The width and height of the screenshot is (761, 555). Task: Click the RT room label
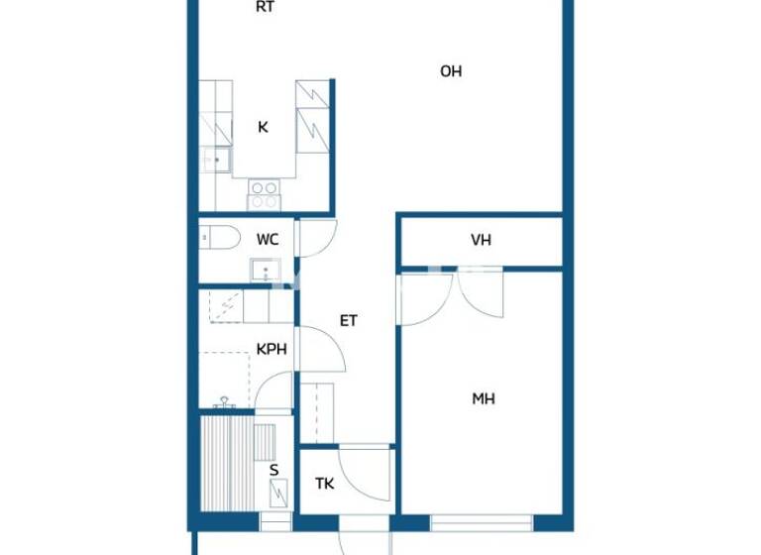pyautogui.click(x=265, y=7)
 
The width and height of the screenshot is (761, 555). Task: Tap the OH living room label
pyautogui.click(x=451, y=71)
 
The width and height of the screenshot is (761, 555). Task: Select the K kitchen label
pyautogui.click(x=263, y=127)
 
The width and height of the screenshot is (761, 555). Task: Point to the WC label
pyautogui.click(x=268, y=240)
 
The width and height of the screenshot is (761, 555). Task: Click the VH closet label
pyautogui.click(x=482, y=240)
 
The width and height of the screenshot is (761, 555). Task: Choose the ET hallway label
pyautogui.click(x=349, y=321)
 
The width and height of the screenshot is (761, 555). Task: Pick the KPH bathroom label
pyautogui.click(x=272, y=349)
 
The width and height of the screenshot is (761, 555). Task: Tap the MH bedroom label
pyautogui.click(x=484, y=399)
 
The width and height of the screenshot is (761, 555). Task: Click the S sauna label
pyautogui.click(x=274, y=470)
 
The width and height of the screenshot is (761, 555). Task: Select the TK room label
pyautogui.click(x=325, y=485)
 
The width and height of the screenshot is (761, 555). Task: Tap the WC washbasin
pyautogui.click(x=267, y=270)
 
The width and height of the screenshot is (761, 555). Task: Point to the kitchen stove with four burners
pyautogui.click(x=264, y=193)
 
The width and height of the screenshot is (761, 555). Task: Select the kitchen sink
pyautogui.click(x=215, y=159)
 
